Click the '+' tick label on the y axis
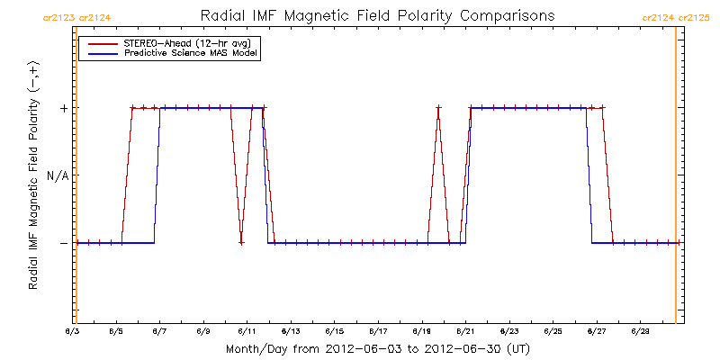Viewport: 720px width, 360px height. [64, 108]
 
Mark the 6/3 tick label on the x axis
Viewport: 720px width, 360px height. [73, 332]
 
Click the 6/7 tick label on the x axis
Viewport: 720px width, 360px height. [160, 332]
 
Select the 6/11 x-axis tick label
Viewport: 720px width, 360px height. [247, 332]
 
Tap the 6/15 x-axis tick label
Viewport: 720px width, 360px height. [335, 332]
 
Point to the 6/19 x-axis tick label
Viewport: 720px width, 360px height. [422, 332]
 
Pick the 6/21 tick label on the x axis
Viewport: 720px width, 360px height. [465, 332]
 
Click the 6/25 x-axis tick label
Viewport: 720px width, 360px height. [553, 332]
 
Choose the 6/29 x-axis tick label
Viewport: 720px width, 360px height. [640, 332]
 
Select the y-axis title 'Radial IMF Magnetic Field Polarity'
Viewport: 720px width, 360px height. [33, 176]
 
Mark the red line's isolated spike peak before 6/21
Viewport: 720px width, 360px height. [438, 108]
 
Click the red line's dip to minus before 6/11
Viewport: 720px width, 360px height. [241, 242]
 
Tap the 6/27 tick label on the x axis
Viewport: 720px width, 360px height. [596, 332]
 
